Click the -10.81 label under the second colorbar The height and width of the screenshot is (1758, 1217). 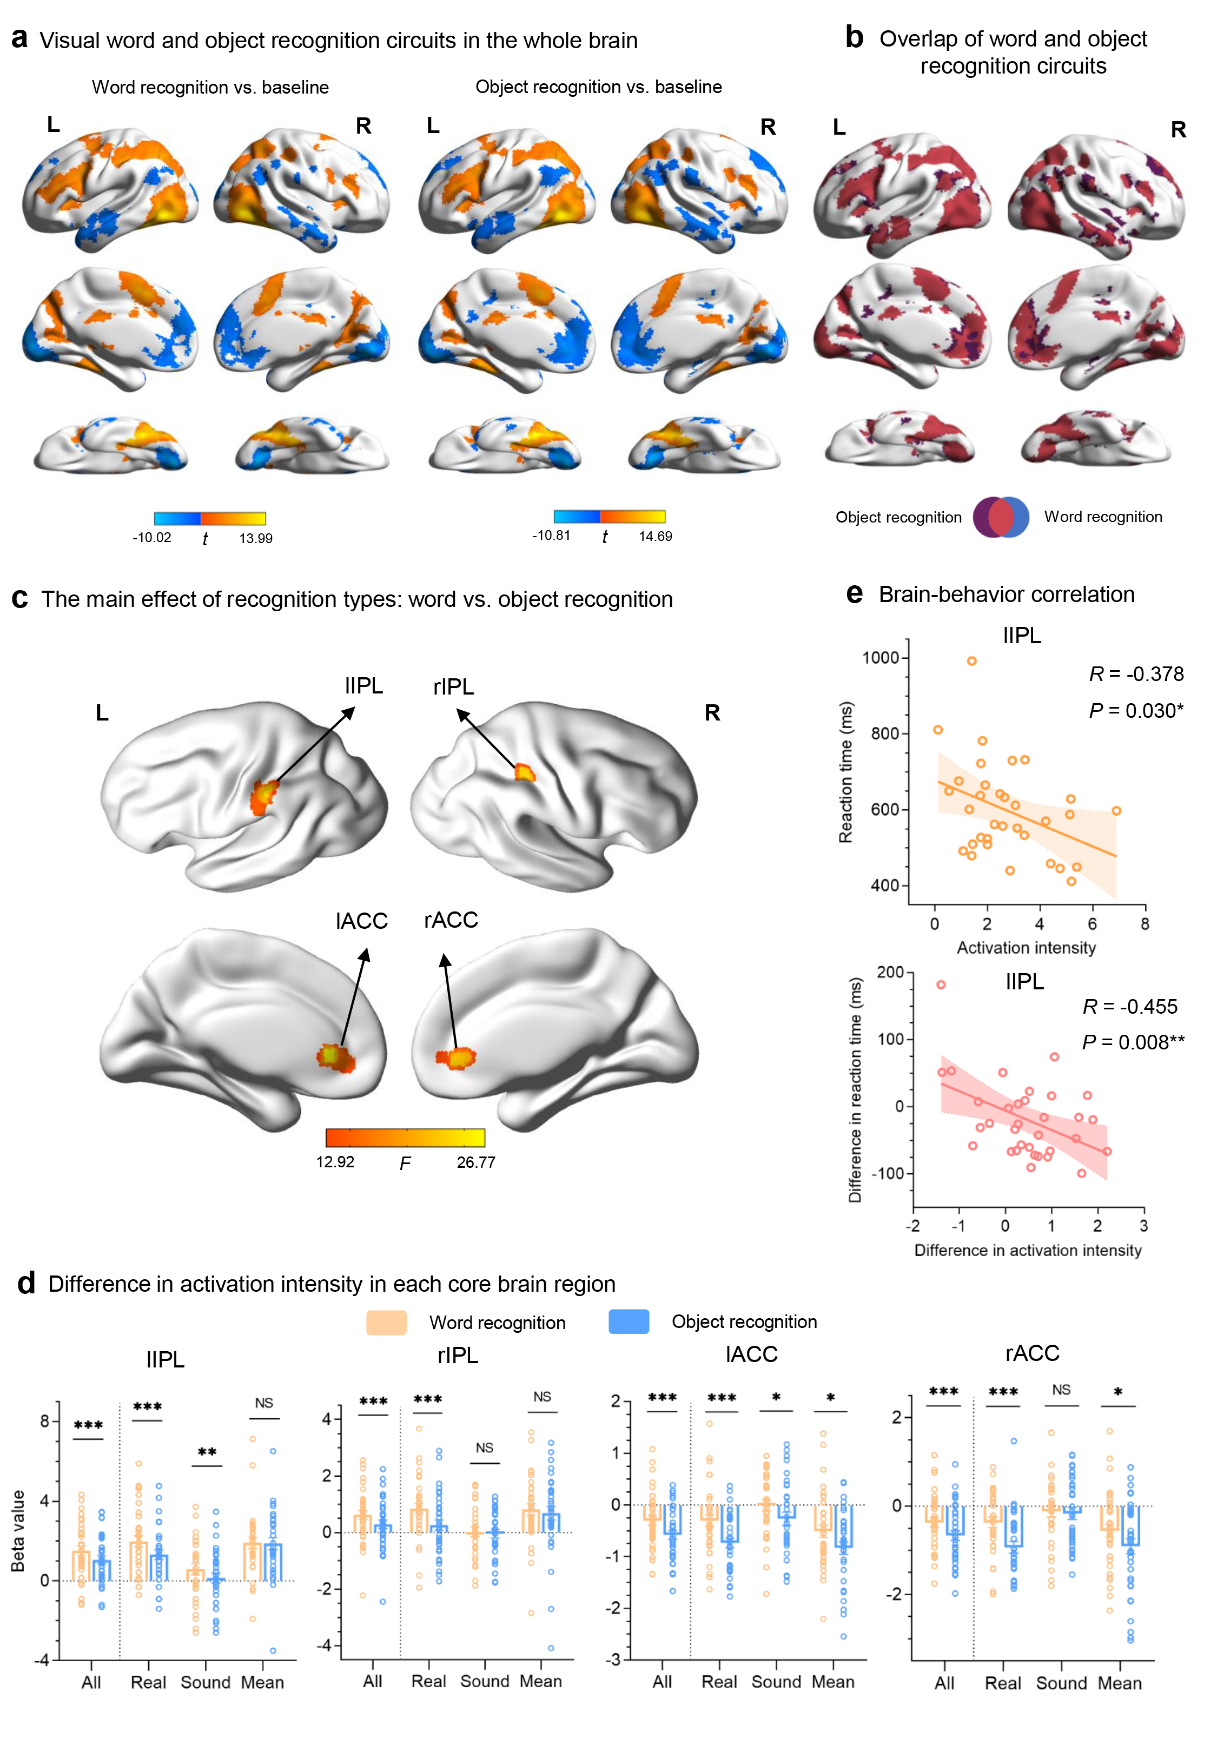[x=551, y=535]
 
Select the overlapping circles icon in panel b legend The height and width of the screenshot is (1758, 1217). [x=1001, y=517]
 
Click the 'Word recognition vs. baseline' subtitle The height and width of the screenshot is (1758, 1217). [x=210, y=87]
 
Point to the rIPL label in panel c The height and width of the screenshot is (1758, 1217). [x=453, y=687]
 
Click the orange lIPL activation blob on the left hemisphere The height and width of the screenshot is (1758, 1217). [x=264, y=797]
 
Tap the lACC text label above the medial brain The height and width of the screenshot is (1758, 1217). [x=361, y=921]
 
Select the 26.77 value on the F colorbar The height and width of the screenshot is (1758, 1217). [x=476, y=1162]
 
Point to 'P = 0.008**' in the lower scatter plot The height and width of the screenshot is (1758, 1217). [x=1133, y=1042]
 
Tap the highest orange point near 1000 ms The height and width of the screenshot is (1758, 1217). [x=971, y=661]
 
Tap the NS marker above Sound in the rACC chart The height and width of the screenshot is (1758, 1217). [x=1061, y=1390]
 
